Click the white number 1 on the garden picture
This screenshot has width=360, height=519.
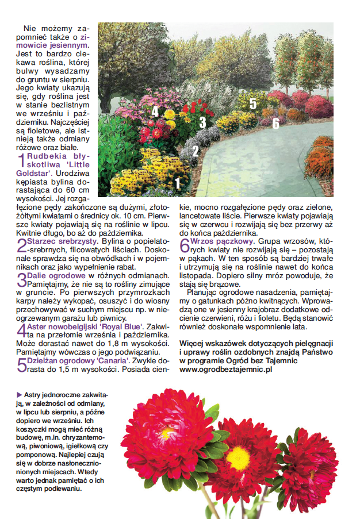(177, 183)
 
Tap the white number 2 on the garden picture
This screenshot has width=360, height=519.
(196, 151)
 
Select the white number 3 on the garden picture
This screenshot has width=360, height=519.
(202, 122)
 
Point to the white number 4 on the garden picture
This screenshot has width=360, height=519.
(155, 111)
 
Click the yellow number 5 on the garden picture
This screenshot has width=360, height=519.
(253, 103)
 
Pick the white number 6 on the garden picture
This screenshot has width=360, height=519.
(275, 122)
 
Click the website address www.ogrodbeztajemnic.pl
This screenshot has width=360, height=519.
(225, 370)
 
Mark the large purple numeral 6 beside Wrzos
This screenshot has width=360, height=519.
(185, 245)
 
